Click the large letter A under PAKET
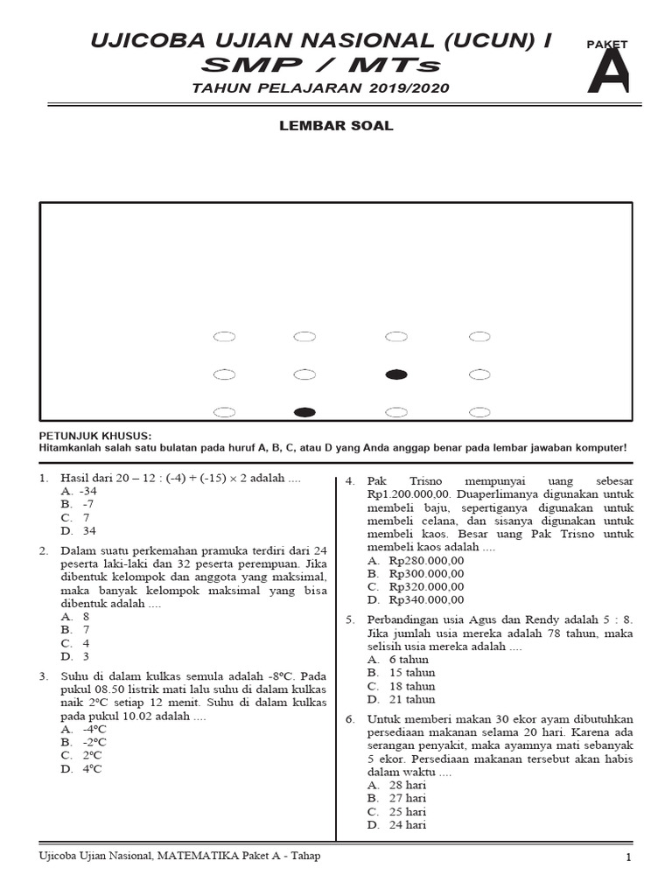607,73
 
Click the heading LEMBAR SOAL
336,126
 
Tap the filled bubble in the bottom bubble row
304,412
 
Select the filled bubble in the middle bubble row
396,374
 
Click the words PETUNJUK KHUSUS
95,435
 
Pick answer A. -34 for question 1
79,492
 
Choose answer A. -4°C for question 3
84,729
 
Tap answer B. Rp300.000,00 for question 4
416,573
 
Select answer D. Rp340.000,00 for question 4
416,599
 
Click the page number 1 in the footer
628,857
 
